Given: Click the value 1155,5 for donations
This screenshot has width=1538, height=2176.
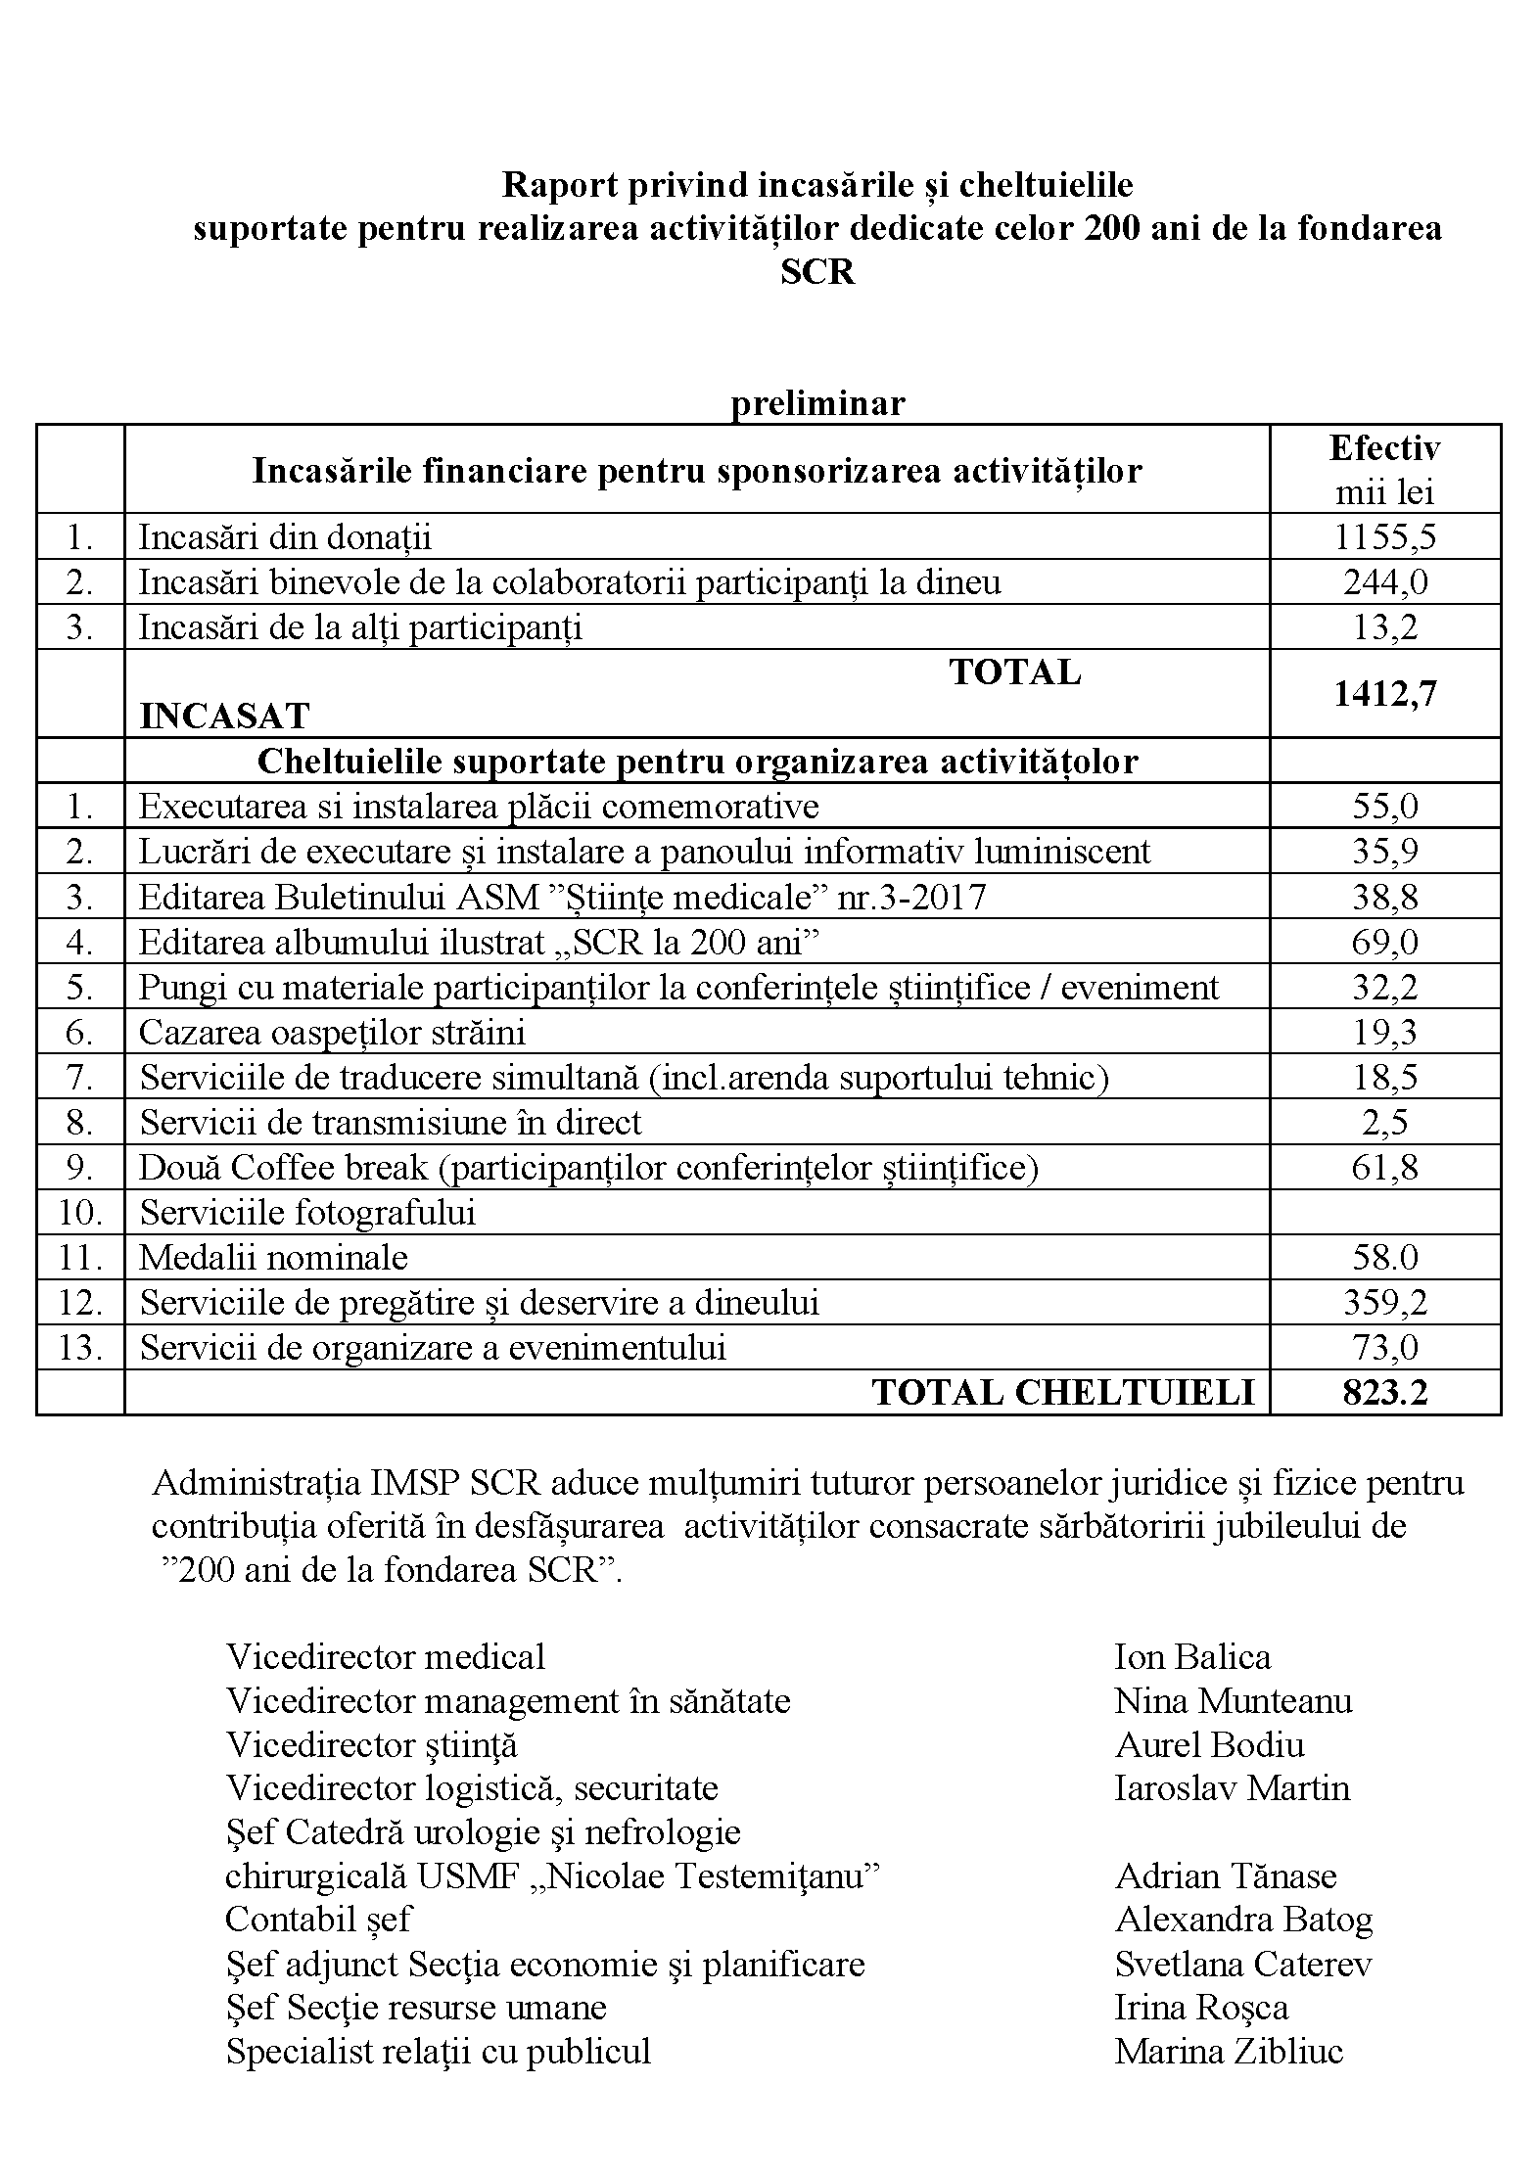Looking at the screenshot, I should (1384, 536).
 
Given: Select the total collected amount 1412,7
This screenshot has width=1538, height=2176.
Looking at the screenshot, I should (1384, 694).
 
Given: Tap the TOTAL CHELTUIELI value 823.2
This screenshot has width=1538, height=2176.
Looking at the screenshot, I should (1384, 1392).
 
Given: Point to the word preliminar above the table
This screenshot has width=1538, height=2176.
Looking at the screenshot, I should (817, 402).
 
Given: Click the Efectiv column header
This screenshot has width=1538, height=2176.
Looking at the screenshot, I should (1384, 448).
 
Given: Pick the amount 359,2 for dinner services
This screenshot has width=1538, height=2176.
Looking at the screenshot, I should (1384, 1302).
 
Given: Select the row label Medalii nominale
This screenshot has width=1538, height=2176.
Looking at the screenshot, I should (273, 1257).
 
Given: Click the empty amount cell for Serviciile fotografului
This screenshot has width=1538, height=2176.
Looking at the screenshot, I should (1384, 1212).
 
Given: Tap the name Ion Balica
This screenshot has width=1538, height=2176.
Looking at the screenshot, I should (1191, 1656).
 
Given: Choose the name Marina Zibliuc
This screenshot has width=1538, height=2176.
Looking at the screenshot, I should (1229, 2050).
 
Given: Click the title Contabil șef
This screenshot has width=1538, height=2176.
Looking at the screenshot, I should (318, 1919).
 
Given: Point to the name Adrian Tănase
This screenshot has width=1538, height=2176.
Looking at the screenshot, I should (1226, 1875).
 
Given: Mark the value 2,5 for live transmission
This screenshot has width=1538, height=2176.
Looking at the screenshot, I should (1384, 1122).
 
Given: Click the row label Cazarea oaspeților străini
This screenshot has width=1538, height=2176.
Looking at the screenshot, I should (332, 1032).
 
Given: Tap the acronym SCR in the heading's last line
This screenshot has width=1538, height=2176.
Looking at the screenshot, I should (817, 271).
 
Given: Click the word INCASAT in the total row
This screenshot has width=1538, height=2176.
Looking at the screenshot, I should (224, 716).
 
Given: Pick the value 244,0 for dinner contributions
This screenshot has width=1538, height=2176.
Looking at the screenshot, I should (1384, 581).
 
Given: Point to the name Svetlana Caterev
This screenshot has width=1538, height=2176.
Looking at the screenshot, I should (1242, 1964).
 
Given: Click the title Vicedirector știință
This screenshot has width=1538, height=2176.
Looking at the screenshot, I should (372, 1744).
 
